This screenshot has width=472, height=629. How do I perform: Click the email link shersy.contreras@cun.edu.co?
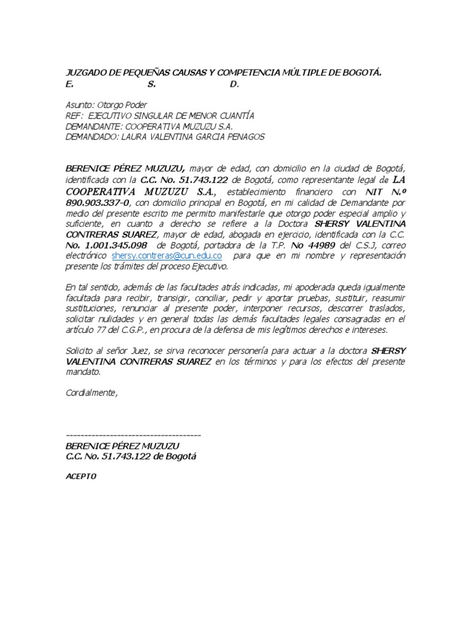167,256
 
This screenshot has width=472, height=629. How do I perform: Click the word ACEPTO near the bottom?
81,477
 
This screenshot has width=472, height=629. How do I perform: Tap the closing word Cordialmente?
91,393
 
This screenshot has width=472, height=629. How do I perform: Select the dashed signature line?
133,435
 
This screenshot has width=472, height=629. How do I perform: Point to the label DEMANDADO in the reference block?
90,137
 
